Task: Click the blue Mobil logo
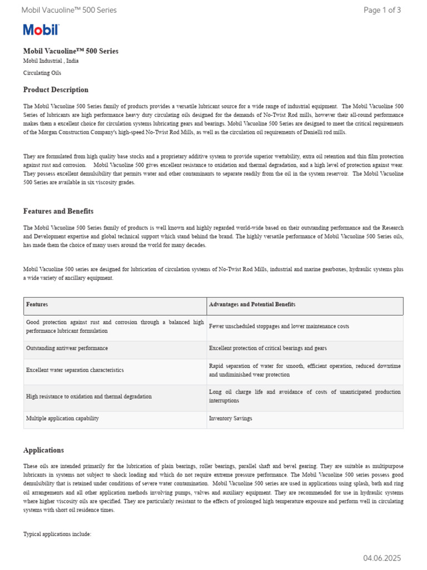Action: coord(41,30)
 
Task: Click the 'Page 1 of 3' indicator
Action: coord(382,10)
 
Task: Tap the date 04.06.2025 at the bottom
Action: coord(382,558)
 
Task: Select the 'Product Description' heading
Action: coord(56,90)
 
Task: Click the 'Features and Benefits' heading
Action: coord(58,211)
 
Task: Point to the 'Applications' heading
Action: coord(43,450)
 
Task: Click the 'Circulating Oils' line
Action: coord(42,72)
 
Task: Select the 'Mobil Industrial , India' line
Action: coord(51,61)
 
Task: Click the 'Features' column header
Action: coord(37,304)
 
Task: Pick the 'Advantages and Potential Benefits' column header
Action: coord(252,304)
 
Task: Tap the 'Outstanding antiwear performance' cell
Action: coord(67,348)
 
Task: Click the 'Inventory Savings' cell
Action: coord(230,418)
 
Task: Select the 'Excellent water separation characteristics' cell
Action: coord(75,370)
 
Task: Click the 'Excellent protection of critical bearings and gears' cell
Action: coord(267,348)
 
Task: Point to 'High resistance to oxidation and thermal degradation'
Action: coord(88,396)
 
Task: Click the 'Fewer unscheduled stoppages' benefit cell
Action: coord(279,326)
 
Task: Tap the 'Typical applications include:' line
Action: coord(57,534)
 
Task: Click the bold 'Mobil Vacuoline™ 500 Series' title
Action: coord(71,51)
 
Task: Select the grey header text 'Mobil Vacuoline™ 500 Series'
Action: coord(69,10)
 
